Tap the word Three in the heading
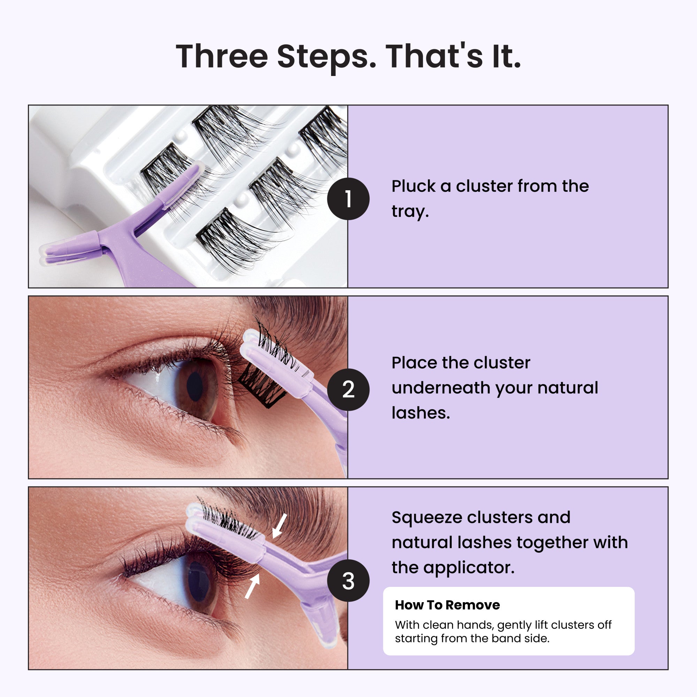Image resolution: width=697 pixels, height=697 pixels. [x=222, y=56]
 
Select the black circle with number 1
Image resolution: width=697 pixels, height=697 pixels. [x=348, y=199]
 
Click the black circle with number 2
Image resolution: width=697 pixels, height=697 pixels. [x=348, y=390]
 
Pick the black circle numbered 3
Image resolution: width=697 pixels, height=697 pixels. [x=348, y=581]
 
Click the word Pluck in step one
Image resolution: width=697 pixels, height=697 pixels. [x=413, y=186]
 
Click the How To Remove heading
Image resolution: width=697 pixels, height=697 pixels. [x=447, y=605]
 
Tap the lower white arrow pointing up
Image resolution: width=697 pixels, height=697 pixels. [x=252, y=586]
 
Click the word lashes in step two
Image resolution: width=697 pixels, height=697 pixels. [x=420, y=413]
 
